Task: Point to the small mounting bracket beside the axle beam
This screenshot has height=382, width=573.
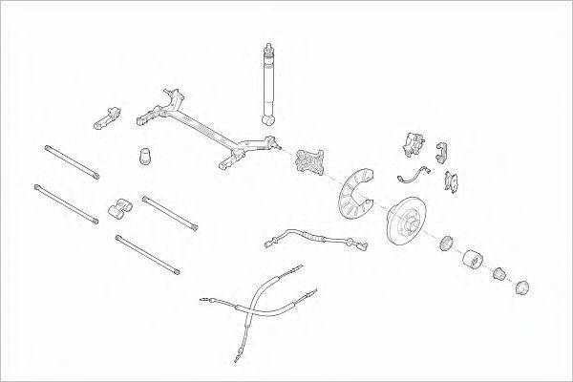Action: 107,117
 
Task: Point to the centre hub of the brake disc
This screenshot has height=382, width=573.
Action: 407,221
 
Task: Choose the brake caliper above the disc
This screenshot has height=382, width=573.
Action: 412,144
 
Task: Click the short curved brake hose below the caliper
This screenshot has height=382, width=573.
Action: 414,175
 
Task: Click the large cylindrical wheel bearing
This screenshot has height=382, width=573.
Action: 473,261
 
